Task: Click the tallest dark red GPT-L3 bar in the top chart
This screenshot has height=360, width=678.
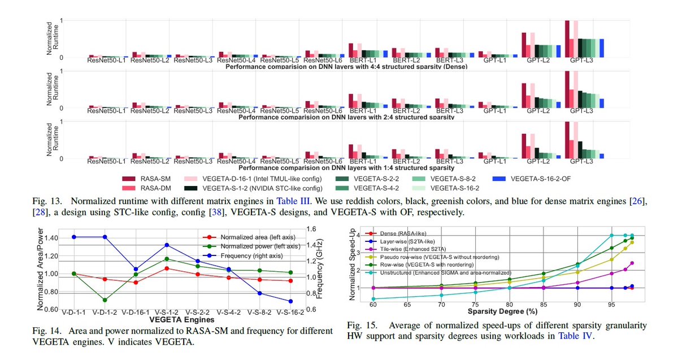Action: (567, 39)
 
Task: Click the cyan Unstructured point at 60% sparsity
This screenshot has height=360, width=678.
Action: (373, 298)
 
